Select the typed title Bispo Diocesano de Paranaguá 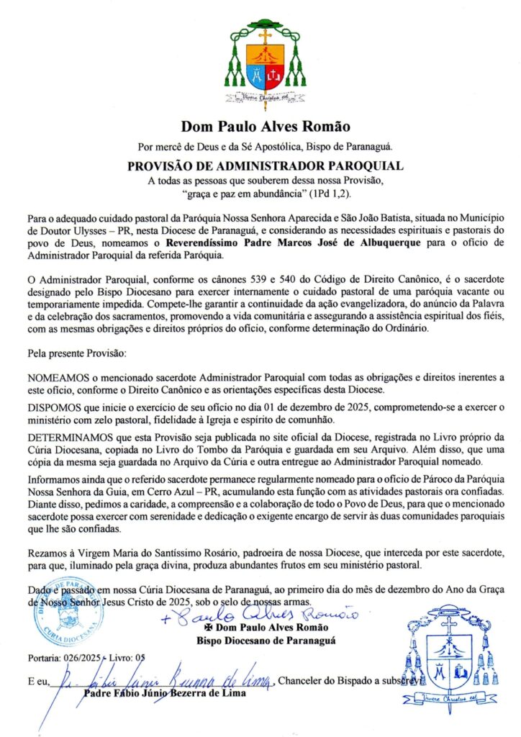point(268,641)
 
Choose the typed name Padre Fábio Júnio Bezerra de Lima point(165,694)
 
